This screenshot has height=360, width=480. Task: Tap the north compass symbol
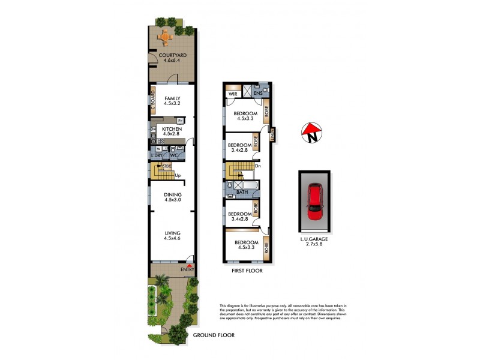tap(311, 133)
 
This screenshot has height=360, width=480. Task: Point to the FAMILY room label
tap(173, 100)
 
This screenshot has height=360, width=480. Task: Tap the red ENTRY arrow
tap(190, 266)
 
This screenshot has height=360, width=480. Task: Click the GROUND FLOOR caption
tap(214, 335)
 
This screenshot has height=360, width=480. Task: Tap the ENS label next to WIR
tap(258, 93)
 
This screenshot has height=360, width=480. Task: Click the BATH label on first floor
tap(242, 192)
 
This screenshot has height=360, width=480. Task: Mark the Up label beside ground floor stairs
tap(178, 175)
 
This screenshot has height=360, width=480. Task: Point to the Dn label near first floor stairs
tap(257, 166)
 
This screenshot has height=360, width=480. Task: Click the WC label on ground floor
tap(174, 156)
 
